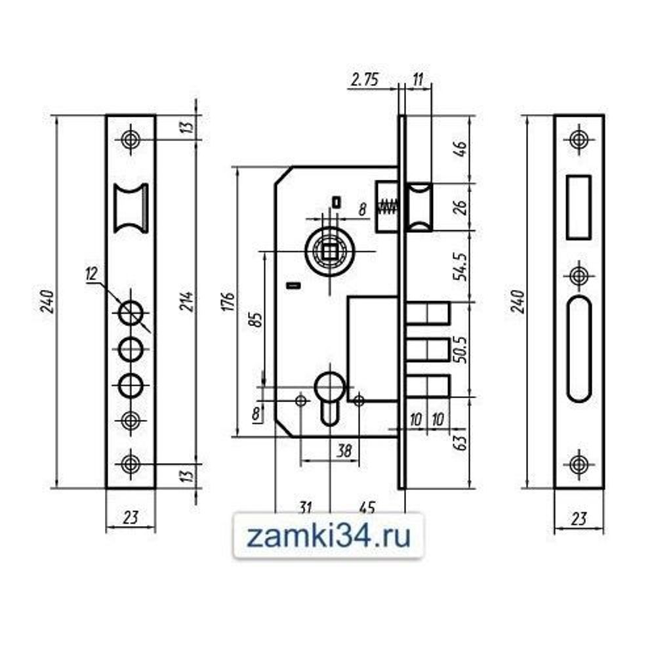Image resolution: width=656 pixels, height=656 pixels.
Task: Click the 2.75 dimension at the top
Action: point(365,81)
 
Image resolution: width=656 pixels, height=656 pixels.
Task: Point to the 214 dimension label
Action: point(186,301)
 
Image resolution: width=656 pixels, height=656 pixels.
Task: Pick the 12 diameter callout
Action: point(91,274)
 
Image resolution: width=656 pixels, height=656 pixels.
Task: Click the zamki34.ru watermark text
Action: point(329,537)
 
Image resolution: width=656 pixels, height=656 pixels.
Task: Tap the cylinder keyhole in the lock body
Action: point(329,394)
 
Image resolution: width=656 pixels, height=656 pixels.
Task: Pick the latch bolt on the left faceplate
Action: point(131,207)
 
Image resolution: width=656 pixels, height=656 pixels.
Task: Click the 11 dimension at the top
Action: point(418,81)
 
